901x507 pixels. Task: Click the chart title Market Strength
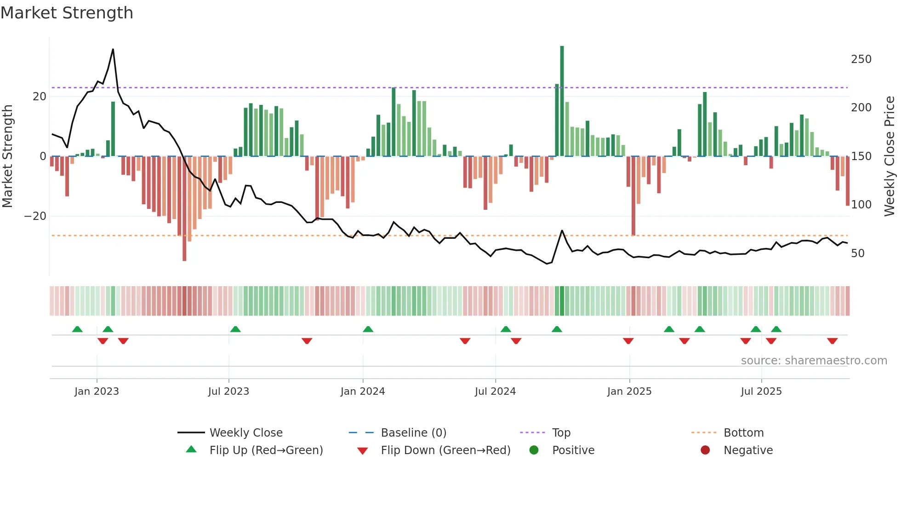pos(67,13)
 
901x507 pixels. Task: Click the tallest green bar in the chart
pos(562,101)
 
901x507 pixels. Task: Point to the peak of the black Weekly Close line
pos(113,49)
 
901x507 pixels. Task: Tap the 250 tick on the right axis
pos(861,59)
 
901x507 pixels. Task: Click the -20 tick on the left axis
pos(35,216)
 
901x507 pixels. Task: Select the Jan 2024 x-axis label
pos(363,392)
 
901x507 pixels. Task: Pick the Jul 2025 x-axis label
pos(761,392)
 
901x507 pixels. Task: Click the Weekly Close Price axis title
pos(890,156)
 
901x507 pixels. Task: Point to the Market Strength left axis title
pos(8,156)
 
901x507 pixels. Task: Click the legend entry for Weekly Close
pos(246,433)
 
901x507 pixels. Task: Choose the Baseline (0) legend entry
pos(413,433)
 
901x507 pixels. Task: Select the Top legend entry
pos(561,433)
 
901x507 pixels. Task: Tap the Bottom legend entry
pos(743,433)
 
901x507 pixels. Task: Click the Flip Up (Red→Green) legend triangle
pos(191,449)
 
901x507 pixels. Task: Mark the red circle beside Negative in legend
pos(705,450)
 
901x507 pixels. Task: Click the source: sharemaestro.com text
pos(814,361)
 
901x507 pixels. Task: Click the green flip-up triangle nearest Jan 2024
pos(368,329)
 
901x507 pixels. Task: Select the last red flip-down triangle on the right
pos(832,341)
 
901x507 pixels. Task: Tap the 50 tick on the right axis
pos(858,253)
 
